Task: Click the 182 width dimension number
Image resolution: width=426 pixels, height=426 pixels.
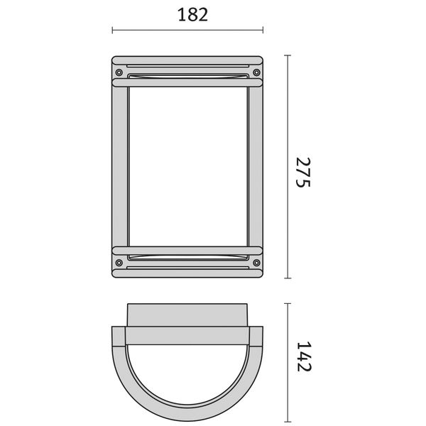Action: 192,15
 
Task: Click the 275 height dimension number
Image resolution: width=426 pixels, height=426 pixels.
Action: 303,173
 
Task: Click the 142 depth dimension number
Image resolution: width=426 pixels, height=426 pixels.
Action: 304,356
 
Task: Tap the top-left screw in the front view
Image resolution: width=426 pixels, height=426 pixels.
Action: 119,72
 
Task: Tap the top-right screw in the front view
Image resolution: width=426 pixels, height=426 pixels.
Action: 256,72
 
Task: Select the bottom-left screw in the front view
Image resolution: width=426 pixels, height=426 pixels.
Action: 119,263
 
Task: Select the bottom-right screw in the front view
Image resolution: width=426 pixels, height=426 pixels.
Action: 256,263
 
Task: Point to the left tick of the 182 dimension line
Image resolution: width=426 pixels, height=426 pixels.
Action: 112,30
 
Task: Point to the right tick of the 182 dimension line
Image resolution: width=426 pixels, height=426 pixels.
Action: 263,30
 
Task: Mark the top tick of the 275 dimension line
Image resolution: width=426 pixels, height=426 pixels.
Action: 288,55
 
